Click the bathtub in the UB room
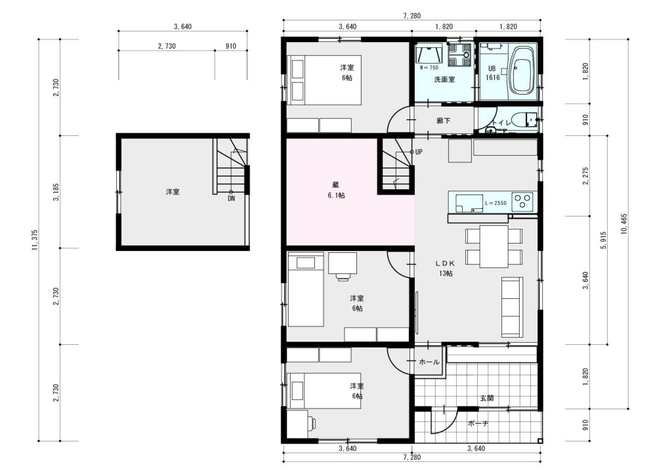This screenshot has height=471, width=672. tap(522, 70)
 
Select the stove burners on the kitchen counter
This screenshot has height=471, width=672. tap(523, 202)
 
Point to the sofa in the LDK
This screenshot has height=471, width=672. tap(512, 307)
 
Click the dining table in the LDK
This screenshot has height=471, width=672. tap(493, 246)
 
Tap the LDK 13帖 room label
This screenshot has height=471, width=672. tap(446, 269)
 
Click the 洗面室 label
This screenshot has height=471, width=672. tap(444, 79)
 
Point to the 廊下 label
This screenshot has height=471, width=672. tap(444, 121)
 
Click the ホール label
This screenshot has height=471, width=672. tap(429, 362)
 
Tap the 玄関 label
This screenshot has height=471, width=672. tap(486, 398)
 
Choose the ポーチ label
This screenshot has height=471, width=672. tap(478, 424)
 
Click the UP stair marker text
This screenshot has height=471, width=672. tap(419, 152)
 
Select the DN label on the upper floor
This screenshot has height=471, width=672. tap(232, 198)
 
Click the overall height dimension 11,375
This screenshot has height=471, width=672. tap(35, 240)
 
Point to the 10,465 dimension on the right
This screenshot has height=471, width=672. tap(624, 224)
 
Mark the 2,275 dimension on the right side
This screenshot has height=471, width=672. tap(586, 176)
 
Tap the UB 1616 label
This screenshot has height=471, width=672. tap(492, 73)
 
